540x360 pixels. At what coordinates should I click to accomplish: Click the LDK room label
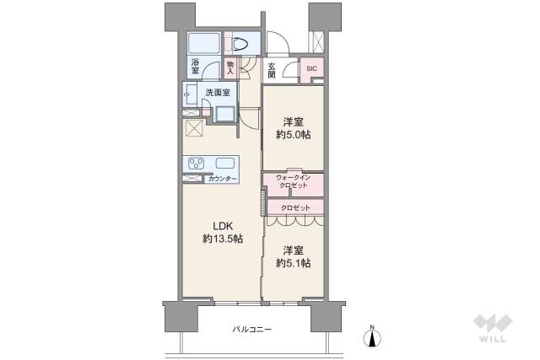point(223,226)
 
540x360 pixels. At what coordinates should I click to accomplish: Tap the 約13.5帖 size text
point(223,239)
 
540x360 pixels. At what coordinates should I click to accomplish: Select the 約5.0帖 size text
point(294,135)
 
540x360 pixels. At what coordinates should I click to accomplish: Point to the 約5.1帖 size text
point(294,263)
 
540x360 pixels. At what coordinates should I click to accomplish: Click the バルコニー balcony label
point(251,330)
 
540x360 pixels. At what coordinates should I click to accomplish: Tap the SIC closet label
point(311,68)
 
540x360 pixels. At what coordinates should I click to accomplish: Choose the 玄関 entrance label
point(272,71)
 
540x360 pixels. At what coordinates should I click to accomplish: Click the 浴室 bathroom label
point(195,67)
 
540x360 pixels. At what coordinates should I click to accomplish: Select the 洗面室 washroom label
point(218,93)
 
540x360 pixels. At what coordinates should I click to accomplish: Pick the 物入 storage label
point(230,67)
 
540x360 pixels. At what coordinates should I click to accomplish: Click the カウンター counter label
point(223,179)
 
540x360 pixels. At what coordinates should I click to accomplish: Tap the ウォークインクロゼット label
point(294,182)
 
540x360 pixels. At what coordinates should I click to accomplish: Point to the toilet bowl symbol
point(240,45)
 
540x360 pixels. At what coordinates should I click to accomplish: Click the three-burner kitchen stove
point(197,163)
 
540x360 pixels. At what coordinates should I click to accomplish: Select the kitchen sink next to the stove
point(225,163)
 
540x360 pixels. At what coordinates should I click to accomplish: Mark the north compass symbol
point(372,336)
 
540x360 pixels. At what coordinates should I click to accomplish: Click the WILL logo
point(493,328)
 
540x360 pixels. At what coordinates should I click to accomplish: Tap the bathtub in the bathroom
point(204,43)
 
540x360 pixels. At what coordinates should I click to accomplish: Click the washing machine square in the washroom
point(224,114)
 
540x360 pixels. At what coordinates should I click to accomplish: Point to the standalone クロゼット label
point(295,208)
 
